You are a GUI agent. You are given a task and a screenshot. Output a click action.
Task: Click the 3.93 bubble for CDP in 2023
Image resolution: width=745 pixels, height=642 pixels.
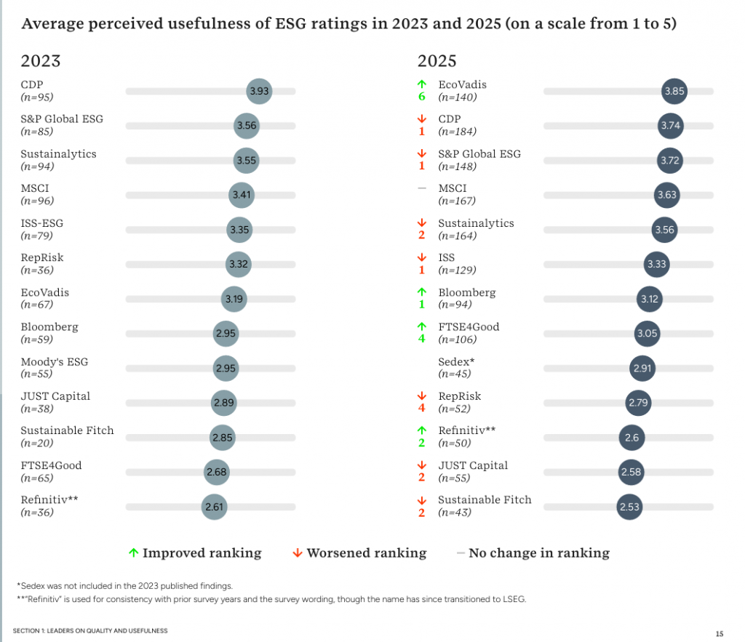click(259, 91)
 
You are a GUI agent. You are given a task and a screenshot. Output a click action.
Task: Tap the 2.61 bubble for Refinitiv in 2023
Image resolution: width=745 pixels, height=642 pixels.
click(214, 507)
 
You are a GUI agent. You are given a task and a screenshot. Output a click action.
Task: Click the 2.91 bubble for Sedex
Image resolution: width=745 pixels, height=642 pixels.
click(642, 368)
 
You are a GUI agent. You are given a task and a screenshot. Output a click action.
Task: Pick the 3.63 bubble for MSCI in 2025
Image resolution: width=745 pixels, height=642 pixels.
click(666, 195)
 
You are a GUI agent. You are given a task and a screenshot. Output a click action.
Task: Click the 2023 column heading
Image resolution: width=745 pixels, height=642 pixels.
click(41, 61)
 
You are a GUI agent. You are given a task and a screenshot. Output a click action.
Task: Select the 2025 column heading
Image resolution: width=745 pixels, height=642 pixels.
click(437, 61)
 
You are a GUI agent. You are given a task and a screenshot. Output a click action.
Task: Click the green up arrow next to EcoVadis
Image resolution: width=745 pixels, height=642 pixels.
click(421, 84)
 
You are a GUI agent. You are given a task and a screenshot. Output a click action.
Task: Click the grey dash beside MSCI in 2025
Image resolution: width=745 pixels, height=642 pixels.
click(421, 188)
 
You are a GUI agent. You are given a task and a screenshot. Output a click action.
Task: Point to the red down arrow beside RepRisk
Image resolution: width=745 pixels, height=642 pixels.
click(421, 396)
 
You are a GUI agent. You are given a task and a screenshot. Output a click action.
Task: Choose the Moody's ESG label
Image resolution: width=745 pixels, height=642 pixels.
click(54, 361)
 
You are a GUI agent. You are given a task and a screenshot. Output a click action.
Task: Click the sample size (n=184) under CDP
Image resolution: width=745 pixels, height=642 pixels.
click(457, 132)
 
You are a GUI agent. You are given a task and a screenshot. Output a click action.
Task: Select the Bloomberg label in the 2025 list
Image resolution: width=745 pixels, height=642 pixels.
click(466, 292)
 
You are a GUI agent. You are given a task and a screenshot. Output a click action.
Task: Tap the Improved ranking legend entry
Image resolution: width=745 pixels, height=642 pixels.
click(195, 553)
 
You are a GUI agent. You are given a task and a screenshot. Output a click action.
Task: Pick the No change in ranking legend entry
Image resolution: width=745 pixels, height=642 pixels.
click(533, 553)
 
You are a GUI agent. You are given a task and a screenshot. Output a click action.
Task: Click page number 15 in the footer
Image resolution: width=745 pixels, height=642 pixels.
click(719, 633)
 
